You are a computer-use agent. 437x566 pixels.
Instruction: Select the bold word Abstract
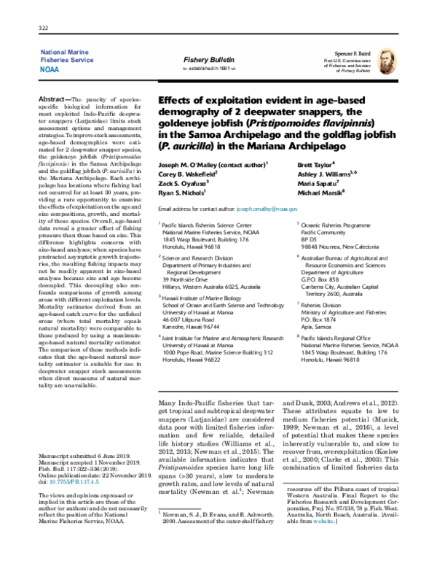(x=73, y=98)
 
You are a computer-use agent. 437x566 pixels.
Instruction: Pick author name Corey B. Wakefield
(x=188, y=177)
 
